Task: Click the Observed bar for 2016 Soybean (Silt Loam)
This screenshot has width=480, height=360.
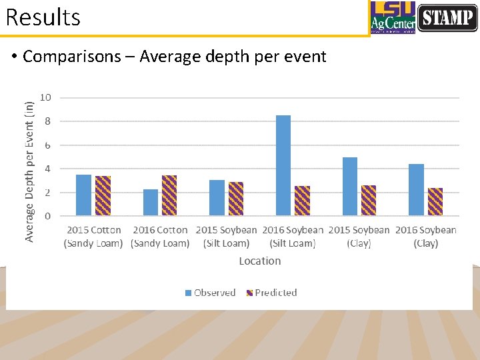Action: (x=283, y=165)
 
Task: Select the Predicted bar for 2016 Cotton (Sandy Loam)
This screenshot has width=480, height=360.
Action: (x=169, y=195)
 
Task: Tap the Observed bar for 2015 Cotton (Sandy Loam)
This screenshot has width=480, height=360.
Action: (x=83, y=195)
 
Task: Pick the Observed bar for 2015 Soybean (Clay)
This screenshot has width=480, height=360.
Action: (x=350, y=187)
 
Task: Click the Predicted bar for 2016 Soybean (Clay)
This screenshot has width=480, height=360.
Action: (x=435, y=201)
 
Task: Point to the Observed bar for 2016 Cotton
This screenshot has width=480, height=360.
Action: (x=151, y=202)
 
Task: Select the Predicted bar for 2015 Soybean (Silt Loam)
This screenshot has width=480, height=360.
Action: (x=236, y=199)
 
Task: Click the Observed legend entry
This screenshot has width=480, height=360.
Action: (x=210, y=293)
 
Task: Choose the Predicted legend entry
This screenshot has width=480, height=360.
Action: (x=271, y=293)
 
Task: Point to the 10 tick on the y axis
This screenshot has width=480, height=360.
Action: (x=45, y=97)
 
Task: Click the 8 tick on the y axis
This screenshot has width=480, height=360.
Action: (x=47, y=121)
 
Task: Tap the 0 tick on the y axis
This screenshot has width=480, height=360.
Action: (x=47, y=216)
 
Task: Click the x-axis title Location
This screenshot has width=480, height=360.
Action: (x=259, y=261)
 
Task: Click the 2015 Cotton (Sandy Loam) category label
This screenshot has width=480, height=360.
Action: (x=93, y=236)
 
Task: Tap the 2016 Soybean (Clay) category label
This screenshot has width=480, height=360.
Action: (x=425, y=236)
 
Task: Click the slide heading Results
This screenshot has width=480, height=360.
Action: (x=43, y=17)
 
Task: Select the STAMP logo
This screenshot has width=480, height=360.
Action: (x=447, y=17)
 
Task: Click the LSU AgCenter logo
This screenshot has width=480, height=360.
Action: (x=393, y=17)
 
